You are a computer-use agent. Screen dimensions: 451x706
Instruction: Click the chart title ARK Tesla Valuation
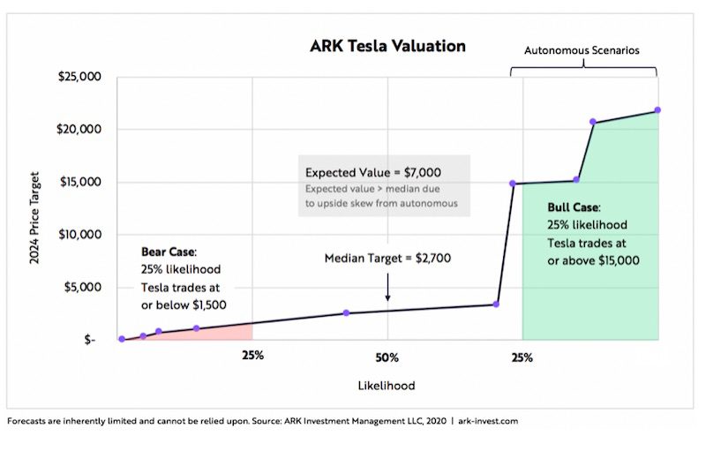click(387, 45)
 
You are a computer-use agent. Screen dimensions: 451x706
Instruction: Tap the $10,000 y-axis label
click(80, 235)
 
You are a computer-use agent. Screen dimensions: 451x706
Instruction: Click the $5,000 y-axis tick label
click(83, 288)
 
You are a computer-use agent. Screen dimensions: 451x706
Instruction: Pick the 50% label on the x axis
click(387, 357)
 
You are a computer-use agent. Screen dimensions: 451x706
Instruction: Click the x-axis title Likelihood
click(387, 386)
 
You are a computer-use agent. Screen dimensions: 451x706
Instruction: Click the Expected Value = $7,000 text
click(373, 172)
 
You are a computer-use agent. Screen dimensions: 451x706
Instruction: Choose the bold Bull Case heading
click(574, 207)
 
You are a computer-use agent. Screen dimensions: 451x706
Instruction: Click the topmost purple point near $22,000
click(657, 110)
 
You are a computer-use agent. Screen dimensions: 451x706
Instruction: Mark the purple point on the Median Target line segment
click(346, 312)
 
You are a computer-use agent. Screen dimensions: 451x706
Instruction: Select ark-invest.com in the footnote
click(484, 421)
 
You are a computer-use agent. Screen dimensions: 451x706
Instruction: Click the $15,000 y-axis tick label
click(80, 183)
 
